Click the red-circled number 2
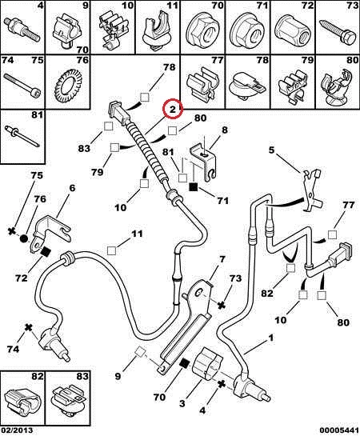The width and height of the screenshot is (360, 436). point(173,109)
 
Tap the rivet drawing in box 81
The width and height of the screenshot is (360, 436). point(22,136)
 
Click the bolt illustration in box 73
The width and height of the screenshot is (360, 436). point(338,32)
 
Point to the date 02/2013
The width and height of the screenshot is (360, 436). point(17,430)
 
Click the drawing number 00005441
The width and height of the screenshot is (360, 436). point(339,430)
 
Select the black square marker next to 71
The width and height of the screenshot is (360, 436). point(193,187)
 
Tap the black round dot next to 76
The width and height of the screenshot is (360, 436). point(24,238)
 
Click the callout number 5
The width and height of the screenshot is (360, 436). point(271,150)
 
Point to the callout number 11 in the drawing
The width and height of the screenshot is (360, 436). point(137,234)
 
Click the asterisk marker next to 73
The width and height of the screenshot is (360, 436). point(221,306)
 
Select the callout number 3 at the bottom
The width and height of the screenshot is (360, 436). point(182,403)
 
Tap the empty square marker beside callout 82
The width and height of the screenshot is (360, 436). point(290,268)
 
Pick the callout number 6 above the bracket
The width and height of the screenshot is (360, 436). point(72,188)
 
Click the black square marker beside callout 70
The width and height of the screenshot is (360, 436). point(184,363)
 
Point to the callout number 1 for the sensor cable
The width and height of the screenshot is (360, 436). point(270,338)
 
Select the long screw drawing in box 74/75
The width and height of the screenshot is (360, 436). point(22,83)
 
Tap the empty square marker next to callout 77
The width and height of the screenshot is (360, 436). point(332,234)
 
